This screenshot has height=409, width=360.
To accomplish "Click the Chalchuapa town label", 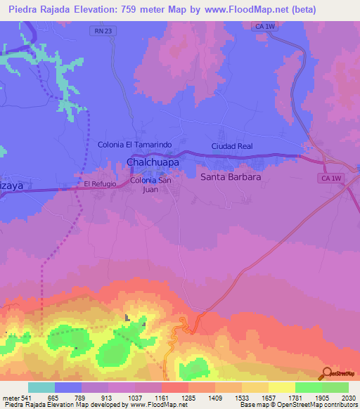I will (x=152, y=162).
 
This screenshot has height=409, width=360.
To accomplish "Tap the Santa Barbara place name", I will (x=231, y=177).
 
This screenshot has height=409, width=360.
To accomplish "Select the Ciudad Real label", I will (x=231, y=147).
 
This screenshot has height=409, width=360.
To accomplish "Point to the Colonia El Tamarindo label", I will (x=134, y=145).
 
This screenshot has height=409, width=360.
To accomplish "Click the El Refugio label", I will (x=98, y=183).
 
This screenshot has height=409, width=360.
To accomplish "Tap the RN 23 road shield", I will (x=102, y=31).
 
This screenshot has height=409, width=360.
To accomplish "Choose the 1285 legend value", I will (x=188, y=397).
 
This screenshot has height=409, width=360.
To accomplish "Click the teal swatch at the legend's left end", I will (x=41, y=387).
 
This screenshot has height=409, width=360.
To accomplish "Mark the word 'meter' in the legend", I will (x=11, y=397).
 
